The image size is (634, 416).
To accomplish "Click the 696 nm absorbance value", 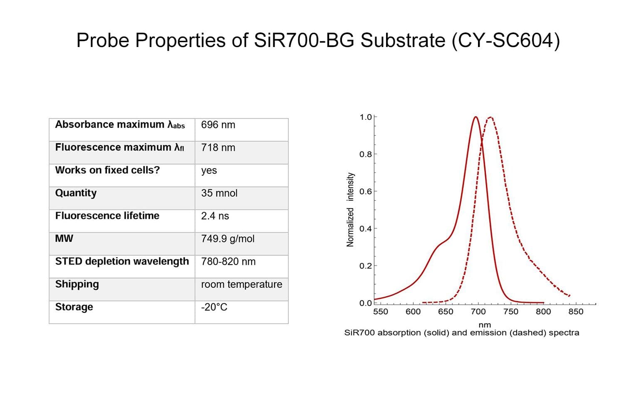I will pyautogui.click(x=218, y=125).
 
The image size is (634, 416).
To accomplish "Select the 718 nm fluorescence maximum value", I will pyautogui.click(x=218, y=148).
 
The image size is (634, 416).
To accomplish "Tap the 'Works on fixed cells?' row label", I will pyautogui.click(x=107, y=170).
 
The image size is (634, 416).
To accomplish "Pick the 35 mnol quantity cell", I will pyautogui.click(x=219, y=193).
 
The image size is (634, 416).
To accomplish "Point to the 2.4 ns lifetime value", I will pyautogui.click(x=215, y=216).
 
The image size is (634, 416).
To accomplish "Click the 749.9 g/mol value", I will pyautogui.click(x=228, y=239).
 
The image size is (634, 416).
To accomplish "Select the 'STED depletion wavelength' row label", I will pyautogui.click(x=122, y=261).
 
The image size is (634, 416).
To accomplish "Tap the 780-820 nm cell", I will pyautogui.click(x=228, y=262).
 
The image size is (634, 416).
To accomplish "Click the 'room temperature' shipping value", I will pyautogui.click(x=241, y=284).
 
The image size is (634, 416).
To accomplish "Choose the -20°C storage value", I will pyautogui.click(x=214, y=307).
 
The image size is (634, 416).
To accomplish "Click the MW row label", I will pyautogui.click(x=64, y=238).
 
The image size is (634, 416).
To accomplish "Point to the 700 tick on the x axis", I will pyautogui.click(x=478, y=312).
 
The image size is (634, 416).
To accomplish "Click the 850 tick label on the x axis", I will pyautogui.click(x=576, y=312).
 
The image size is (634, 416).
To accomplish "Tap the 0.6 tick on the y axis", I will pyautogui.click(x=365, y=191).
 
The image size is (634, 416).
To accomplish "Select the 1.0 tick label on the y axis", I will pyautogui.click(x=365, y=117).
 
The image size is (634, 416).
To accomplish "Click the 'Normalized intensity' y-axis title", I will pyautogui.click(x=350, y=210).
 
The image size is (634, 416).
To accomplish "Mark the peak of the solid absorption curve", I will pyautogui.click(x=475, y=117).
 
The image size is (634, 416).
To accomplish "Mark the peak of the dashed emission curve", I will pyautogui.click(x=490, y=117).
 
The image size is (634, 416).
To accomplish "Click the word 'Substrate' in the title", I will pyautogui.click(x=403, y=41).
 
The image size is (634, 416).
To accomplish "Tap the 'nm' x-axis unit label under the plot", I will pyautogui.click(x=485, y=325).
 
